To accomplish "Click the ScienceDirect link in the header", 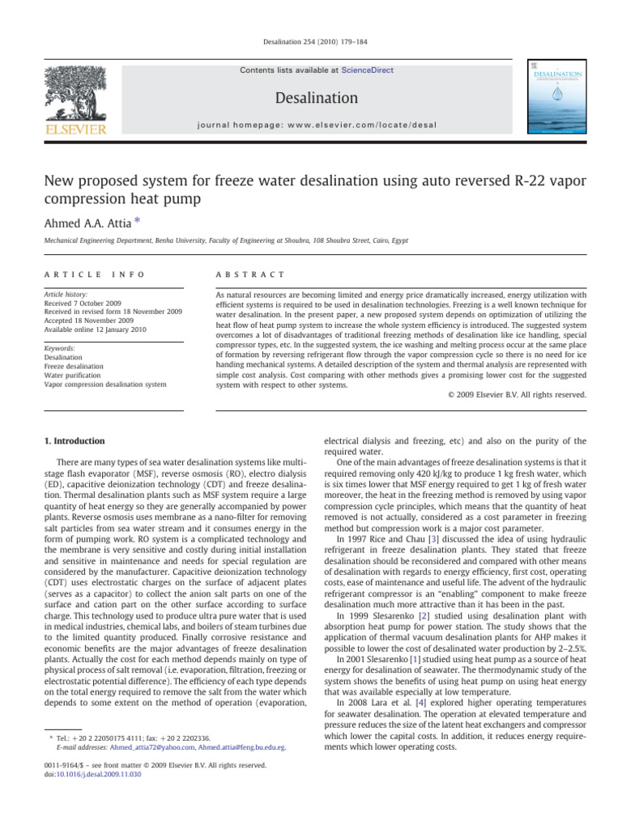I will click(x=367, y=70).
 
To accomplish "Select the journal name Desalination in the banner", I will click(x=317, y=98).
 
